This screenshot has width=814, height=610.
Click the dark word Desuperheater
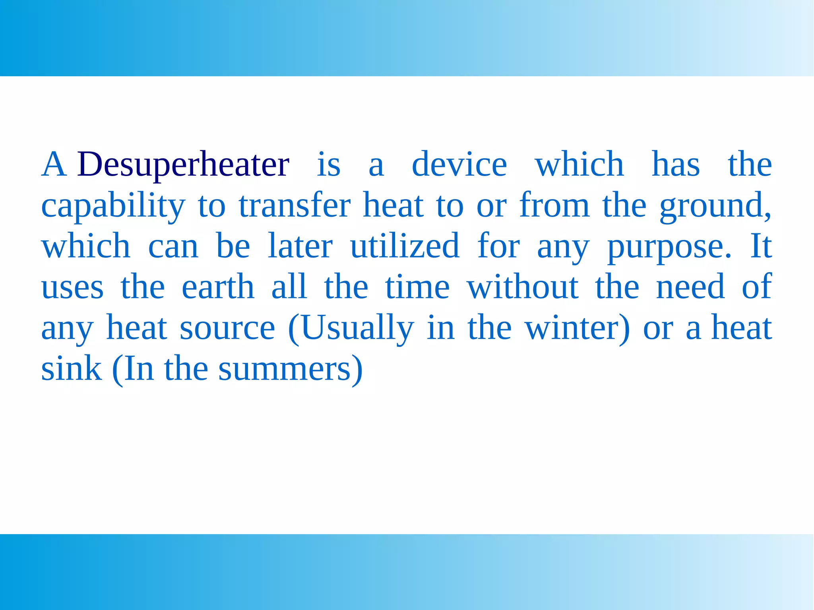(x=183, y=165)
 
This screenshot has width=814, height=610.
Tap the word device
(x=459, y=165)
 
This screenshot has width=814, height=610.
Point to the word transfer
(x=295, y=205)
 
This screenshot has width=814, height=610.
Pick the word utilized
(x=405, y=246)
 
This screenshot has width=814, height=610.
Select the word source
(x=227, y=329)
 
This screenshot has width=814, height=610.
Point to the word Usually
(x=357, y=329)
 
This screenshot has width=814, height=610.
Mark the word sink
(x=72, y=368)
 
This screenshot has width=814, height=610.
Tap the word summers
(x=285, y=369)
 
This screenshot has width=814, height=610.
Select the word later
(x=300, y=246)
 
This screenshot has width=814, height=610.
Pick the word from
(x=554, y=205)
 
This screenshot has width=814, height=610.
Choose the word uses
(x=72, y=287)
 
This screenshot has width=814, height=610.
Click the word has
(x=676, y=165)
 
